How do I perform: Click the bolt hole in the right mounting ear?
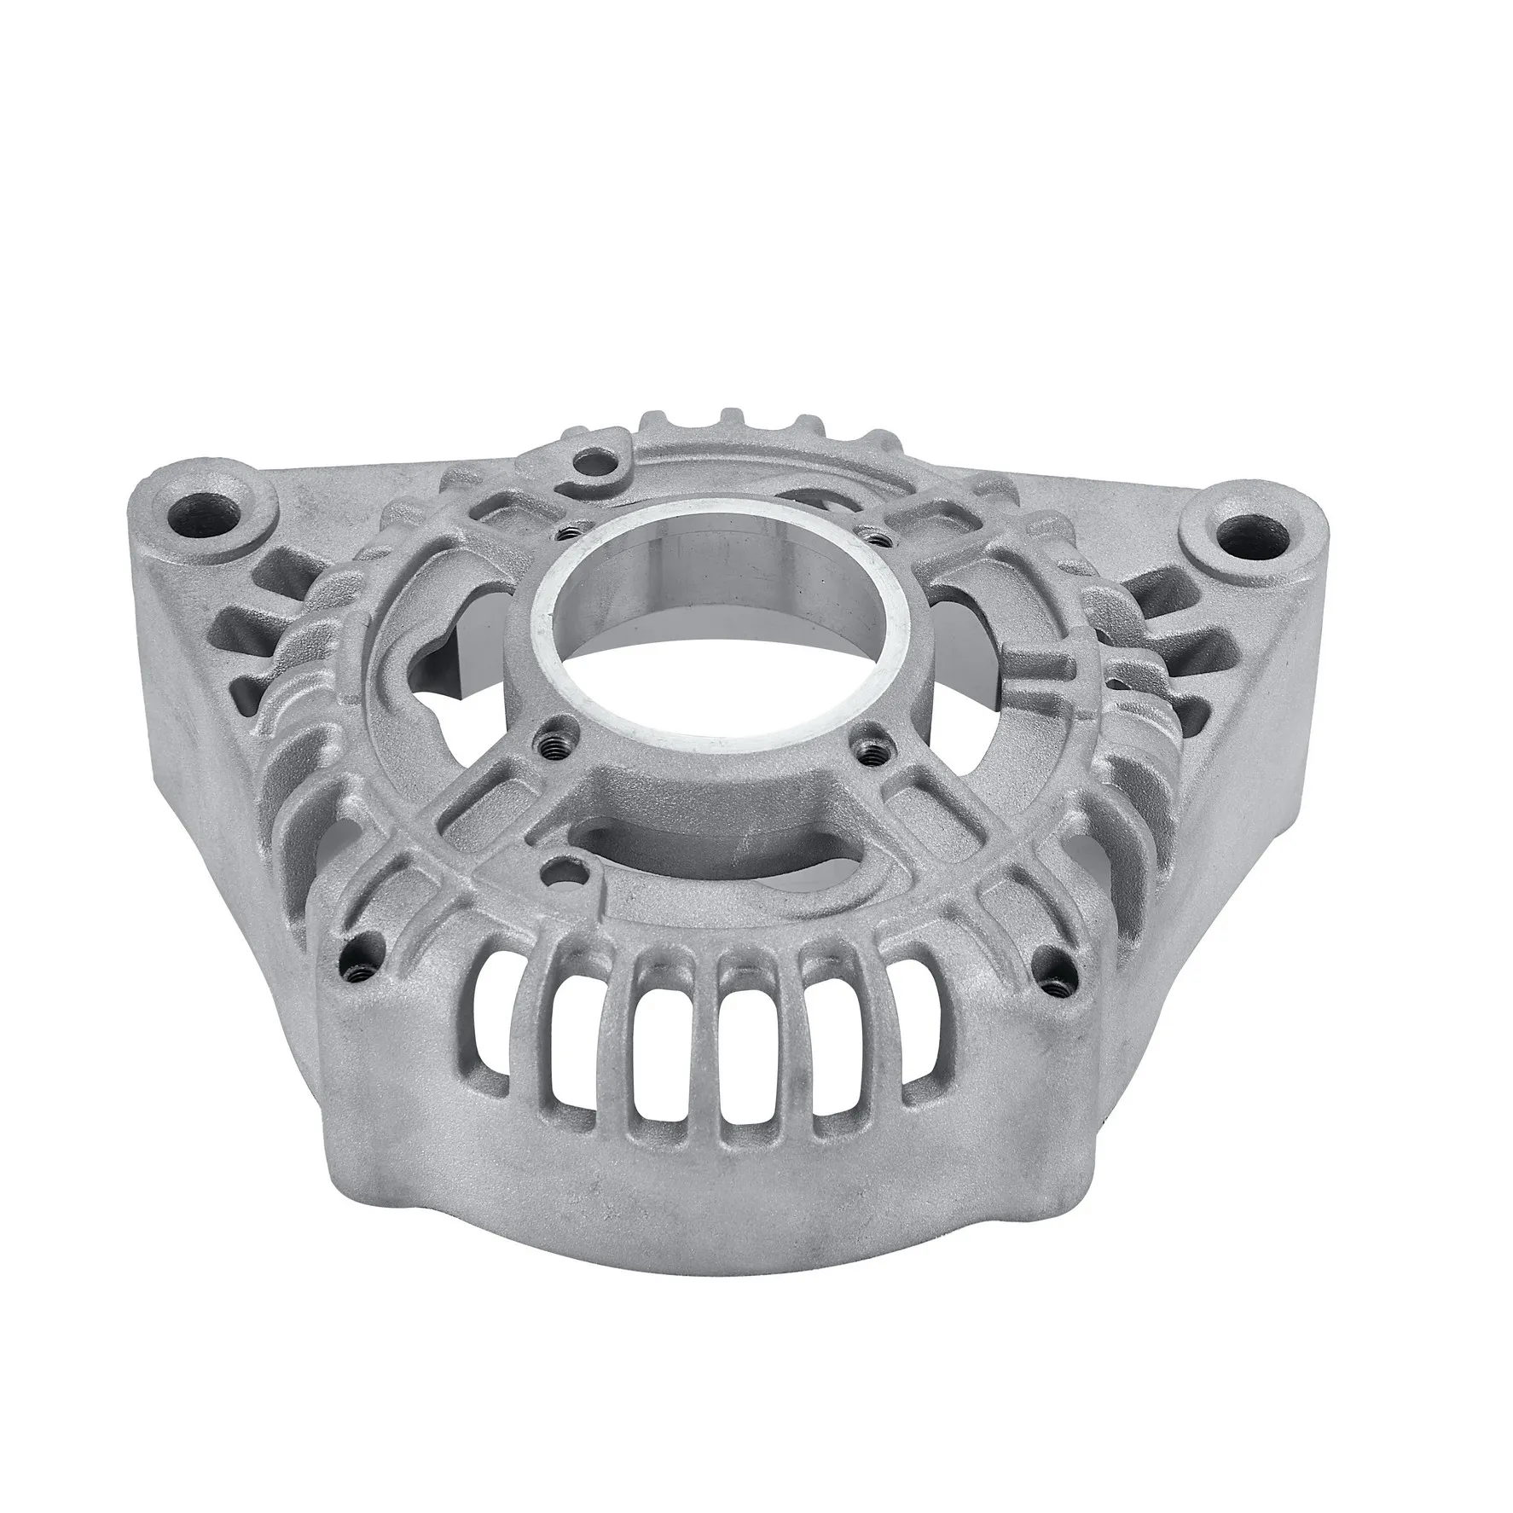pyautogui.click(x=1238, y=535)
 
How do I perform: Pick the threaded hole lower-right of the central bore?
pyautogui.click(x=869, y=753)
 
